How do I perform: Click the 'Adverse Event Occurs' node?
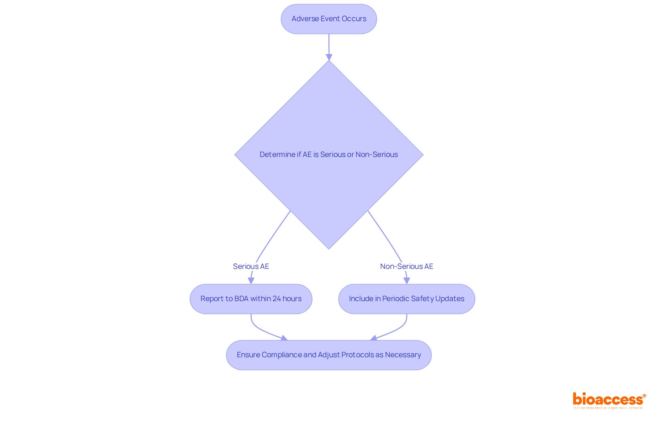(329, 19)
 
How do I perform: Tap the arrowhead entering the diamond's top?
(329, 57)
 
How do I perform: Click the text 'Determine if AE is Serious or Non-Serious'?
(329, 155)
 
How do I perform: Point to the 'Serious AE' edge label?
(251, 266)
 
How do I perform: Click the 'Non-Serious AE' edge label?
(406, 266)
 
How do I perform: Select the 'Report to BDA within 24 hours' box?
(251, 299)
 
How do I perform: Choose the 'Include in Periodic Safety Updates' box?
(406, 299)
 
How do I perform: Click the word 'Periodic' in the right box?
(396, 299)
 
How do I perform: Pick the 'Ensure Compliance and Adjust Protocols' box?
(329, 355)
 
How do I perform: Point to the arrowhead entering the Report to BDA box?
(251, 281)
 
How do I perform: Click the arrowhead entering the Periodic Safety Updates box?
(407, 281)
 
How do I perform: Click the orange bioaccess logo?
(609, 400)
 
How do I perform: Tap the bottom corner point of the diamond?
(329, 248)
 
